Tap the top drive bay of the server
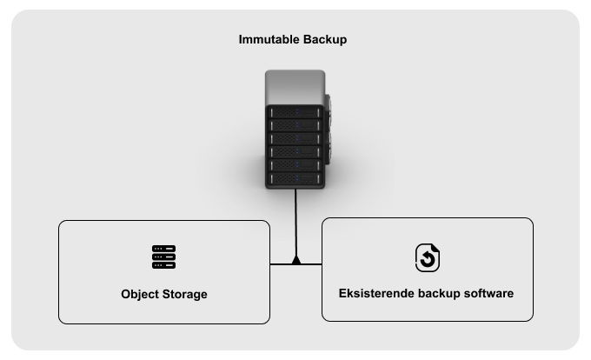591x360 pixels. (x=295, y=111)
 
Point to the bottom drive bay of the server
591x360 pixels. (x=295, y=179)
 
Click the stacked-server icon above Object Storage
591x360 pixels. (x=163, y=257)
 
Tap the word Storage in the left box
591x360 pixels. (x=186, y=294)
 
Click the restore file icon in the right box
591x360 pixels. (x=427, y=257)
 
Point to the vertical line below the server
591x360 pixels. (x=295, y=222)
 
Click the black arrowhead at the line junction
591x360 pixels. (x=295, y=260)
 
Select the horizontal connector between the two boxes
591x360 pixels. (x=295, y=263)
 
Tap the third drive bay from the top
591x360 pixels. (x=295, y=138)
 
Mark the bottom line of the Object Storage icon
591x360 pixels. (x=163, y=265)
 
